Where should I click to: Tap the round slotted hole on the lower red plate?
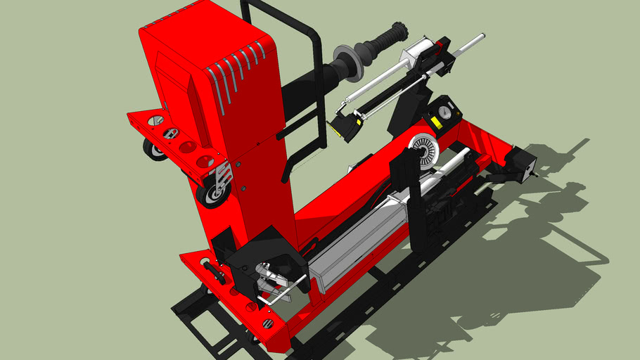pyautogui.click(x=267, y=323)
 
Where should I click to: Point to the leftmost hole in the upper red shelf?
pyautogui.click(x=155, y=120)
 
